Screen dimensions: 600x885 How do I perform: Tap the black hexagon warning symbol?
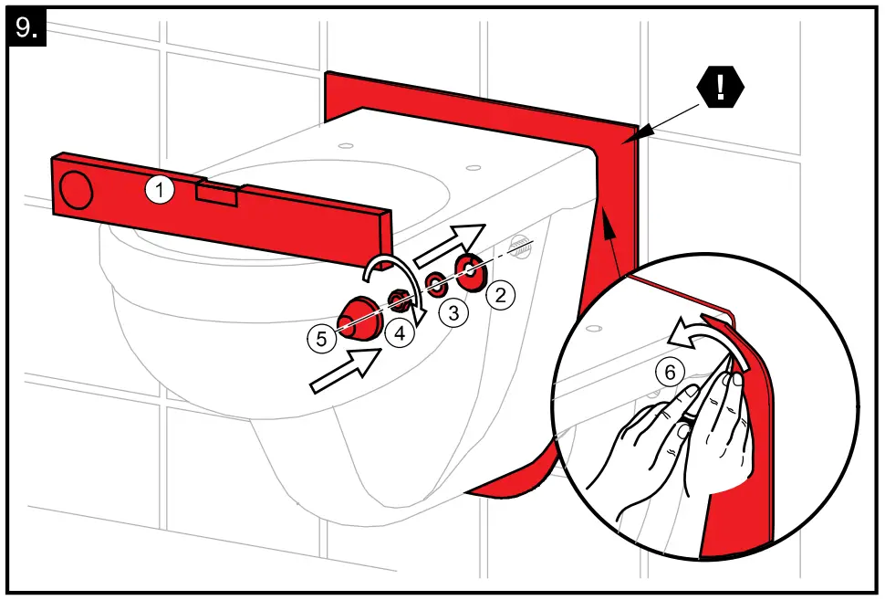(721, 89)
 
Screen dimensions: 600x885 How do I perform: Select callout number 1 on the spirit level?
(160, 190)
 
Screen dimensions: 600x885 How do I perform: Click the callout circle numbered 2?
(500, 294)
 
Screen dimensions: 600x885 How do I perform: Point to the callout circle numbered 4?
(399, 332)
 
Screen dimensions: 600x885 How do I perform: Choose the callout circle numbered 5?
(321, 339)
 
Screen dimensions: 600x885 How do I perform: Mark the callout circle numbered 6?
(669, 372)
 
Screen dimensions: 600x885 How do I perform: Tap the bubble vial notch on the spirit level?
(216, 191)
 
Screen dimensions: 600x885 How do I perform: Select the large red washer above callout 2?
(472, 272)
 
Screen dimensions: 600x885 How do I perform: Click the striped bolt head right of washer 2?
(519, 247)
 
